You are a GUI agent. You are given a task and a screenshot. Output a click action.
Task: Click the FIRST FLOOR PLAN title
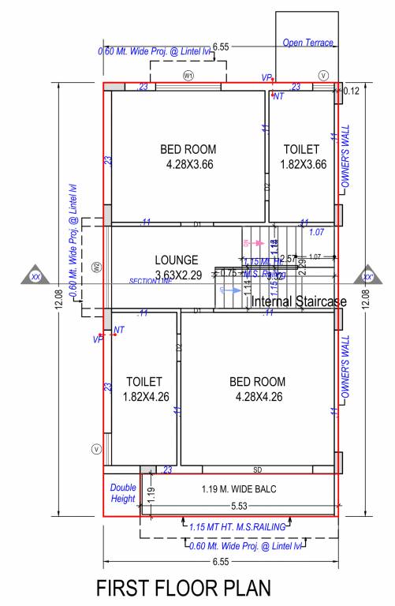(x=183, y=589)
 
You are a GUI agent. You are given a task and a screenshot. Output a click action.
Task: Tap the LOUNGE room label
(x=177, y=260)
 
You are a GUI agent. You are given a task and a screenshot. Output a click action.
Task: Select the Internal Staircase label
(x=299, y=301)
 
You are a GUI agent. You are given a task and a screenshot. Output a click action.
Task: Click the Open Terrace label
(x=308, y=43)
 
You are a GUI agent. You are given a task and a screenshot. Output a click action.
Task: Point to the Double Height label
(x=122, y=493)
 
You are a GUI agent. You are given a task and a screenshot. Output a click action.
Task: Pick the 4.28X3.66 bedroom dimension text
(x=189, y=165)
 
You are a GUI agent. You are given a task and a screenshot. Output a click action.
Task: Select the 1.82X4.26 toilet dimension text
(x=143, y=397)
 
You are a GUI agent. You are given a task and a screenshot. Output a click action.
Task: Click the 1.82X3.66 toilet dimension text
(x=300, y=165)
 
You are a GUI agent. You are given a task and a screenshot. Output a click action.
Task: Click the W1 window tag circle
(x=188, y=75)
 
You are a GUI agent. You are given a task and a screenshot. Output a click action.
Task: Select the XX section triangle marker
(x=35, y=275)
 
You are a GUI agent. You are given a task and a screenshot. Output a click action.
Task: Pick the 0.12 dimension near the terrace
(x=351, y=92)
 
